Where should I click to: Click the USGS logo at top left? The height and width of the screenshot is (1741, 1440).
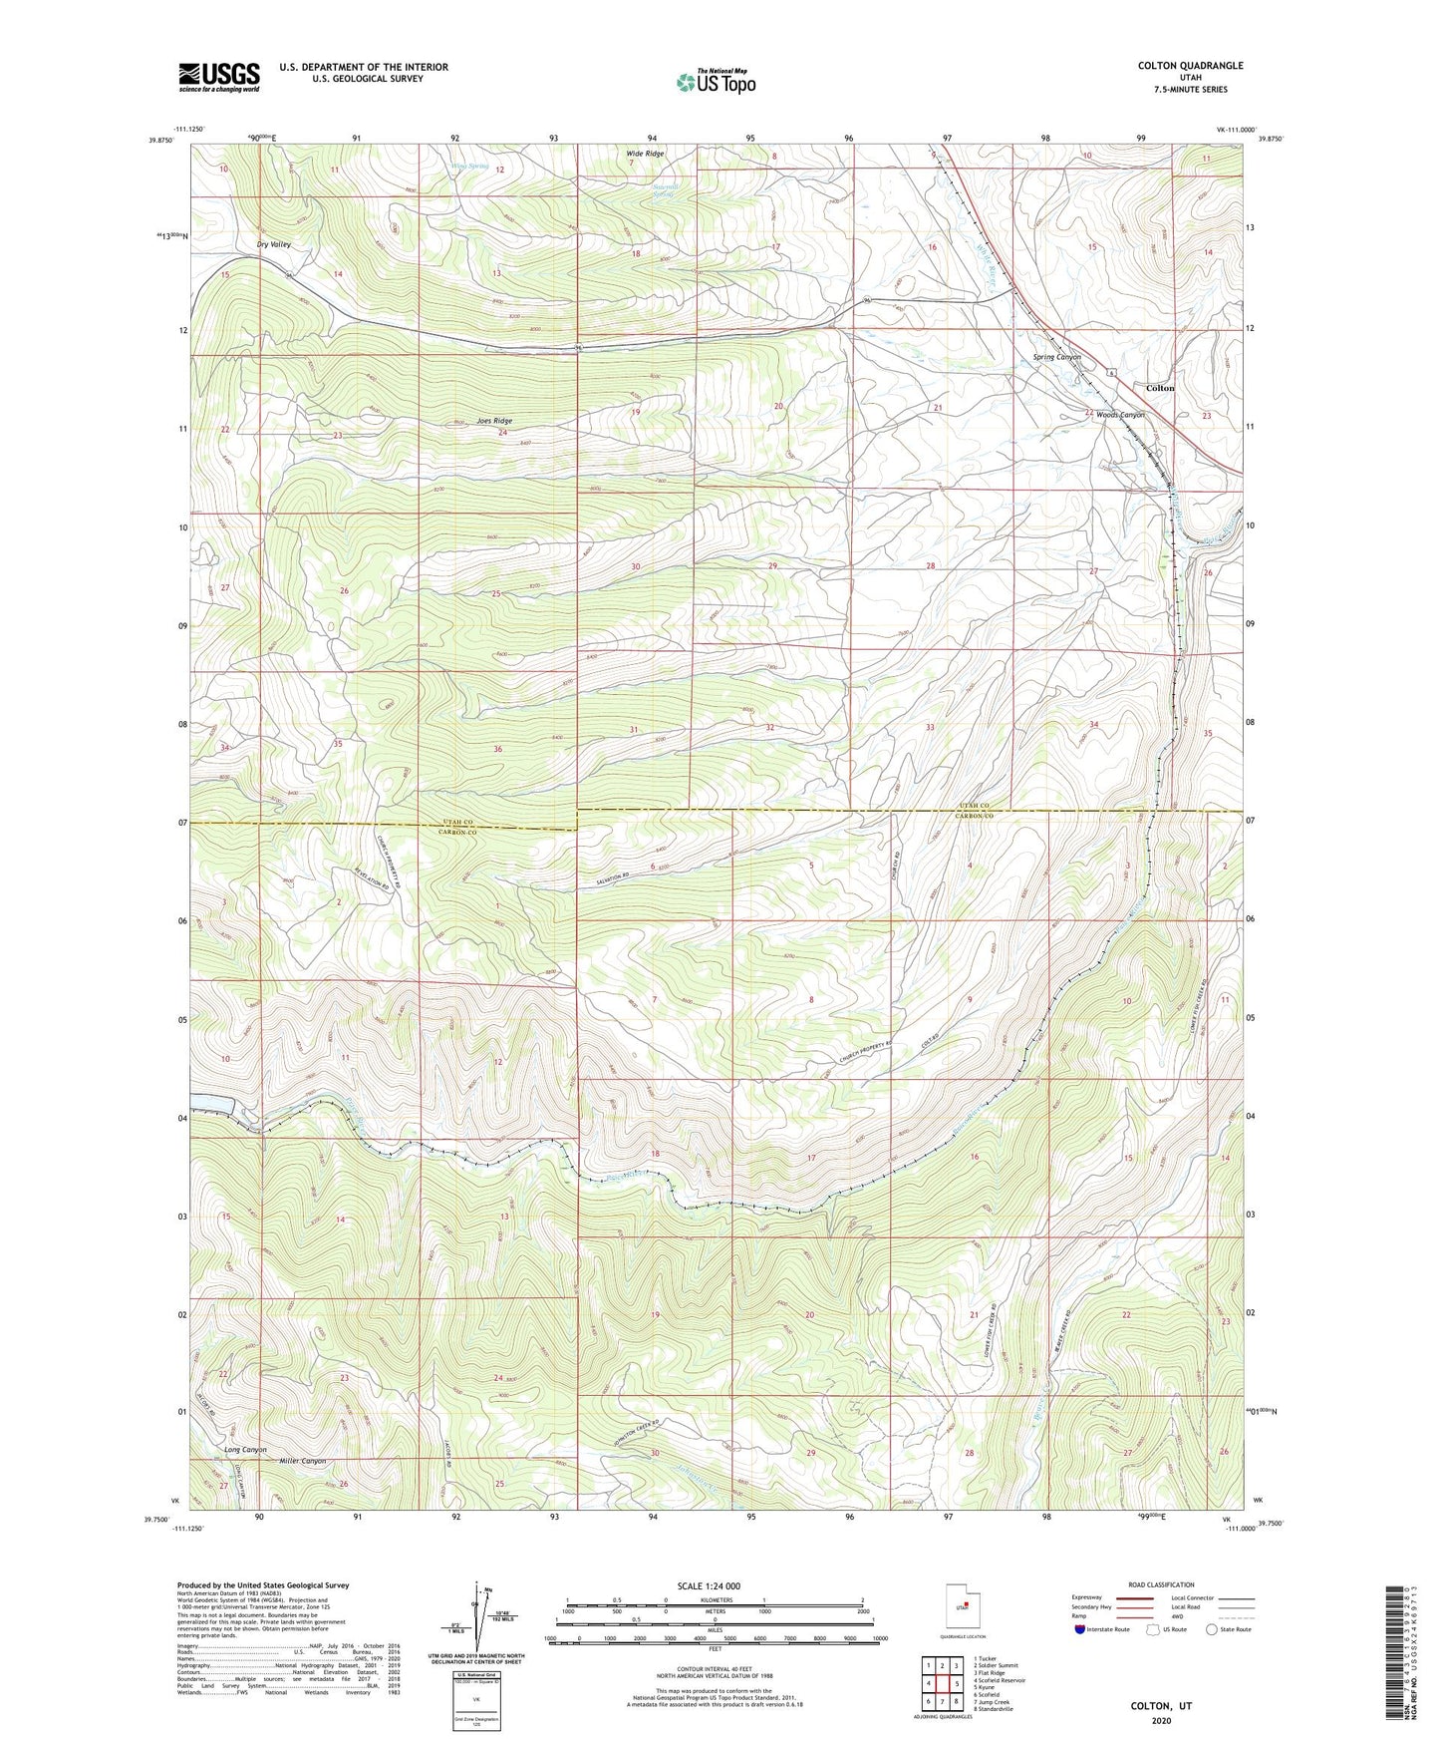pyautogui.click(x=218, y=76)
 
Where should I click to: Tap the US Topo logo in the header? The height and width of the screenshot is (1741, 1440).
pyautogui.click(x=715, y=83)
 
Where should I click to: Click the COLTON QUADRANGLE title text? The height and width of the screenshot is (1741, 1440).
pyautogui.click(x=1190, y=66)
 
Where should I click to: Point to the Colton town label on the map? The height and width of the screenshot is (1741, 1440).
pyautogui.click(x=1160, y=388)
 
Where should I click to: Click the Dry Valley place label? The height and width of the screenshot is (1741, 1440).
pyautogui.click(x=273, y=244)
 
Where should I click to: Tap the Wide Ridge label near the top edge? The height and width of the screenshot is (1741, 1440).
pyautogui.click(x=645, y=154)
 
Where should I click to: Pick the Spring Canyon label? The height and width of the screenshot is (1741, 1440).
pyautogui.click(x=1057, y=357)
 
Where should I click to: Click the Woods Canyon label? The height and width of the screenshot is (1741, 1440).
pyautogui.click(x=1120, y=415)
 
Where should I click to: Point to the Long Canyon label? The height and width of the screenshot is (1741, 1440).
pyautogui.click(x=245, y=1450)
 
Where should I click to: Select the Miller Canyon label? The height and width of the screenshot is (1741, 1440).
pyautogui.click(x=301, y=1462)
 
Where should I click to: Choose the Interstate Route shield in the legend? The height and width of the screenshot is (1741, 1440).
pyautogui.click(x=1081, y=1629)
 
